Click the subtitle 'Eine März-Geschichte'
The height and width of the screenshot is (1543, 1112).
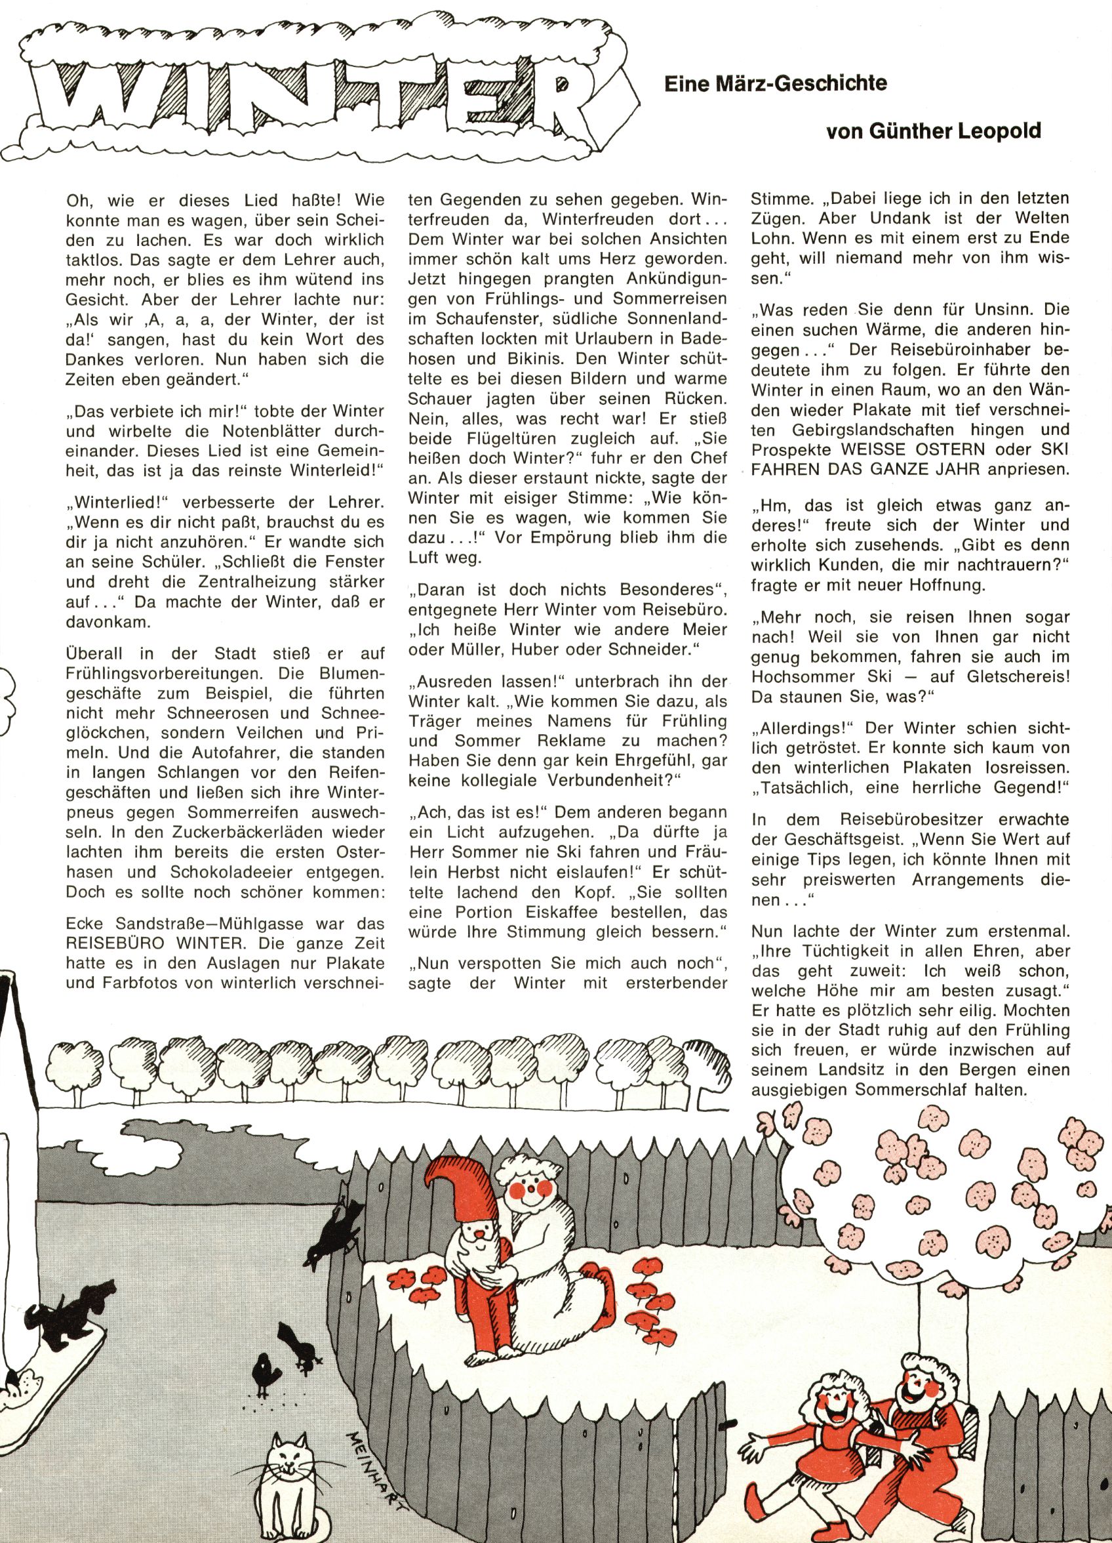tap(776, 84)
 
